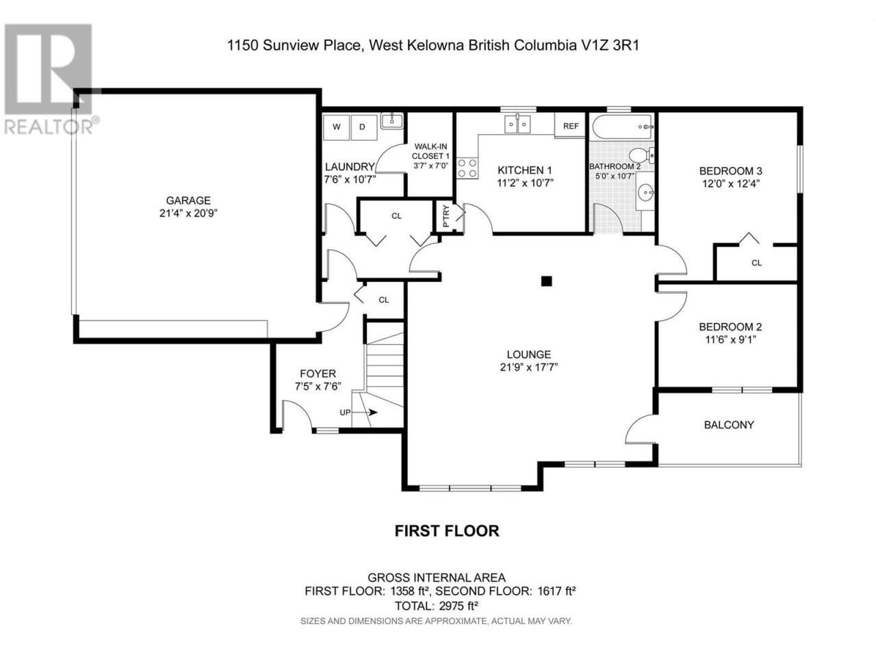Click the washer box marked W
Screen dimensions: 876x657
tap(336, 127)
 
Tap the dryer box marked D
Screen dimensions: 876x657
tap(364, 127)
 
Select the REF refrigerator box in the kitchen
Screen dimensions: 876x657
tap(570, 126)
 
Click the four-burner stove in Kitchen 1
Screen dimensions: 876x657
tap(467, 168)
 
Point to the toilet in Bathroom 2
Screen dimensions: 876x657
tap(641, 155)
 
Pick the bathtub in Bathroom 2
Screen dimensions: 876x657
tap(623, 127)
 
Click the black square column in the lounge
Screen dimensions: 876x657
tap(546, 281)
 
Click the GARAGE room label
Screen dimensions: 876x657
tap(188, 201)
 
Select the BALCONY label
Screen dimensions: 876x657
tap(728, 425)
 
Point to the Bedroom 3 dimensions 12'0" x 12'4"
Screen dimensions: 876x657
tap(730, 184)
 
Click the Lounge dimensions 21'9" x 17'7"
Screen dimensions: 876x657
tap(528, 367)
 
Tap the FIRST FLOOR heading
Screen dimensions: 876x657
tap(447, 531)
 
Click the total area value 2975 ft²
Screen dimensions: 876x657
tap(459, 606)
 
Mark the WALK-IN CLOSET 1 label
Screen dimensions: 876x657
tap(430, 151)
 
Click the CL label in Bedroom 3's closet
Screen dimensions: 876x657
tap(756, 263)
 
